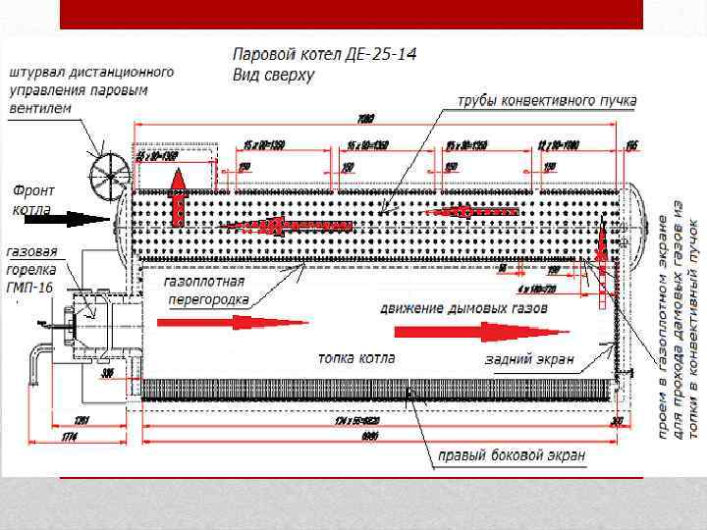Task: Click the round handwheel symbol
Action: pyautogui.click(x=106, y=178)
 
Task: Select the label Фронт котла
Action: pyautogui.click(x=33, y=199)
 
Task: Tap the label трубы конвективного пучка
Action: pyautogui.click(x=546, y=100)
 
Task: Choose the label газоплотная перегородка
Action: pyautogui.click(x=207, y=290)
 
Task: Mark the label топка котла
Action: pyautogui.click(x=355, y=358)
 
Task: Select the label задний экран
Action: pyautogui.click(x=529, y=360)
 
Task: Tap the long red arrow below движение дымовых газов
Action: pyautogui.click(x=511, y=331)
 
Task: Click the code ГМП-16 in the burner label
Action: pyautogui.click(x=30, y=286)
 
